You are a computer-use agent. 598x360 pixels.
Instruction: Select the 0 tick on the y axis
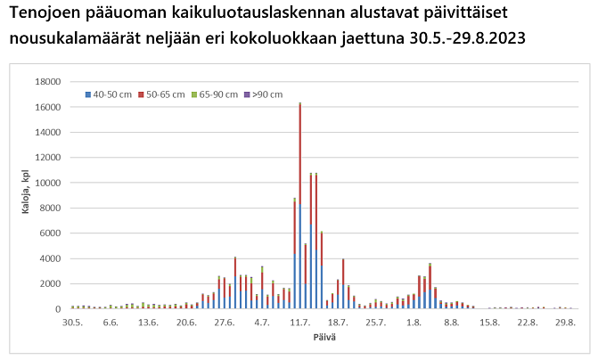pyautogui.click(x=58, y=309)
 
